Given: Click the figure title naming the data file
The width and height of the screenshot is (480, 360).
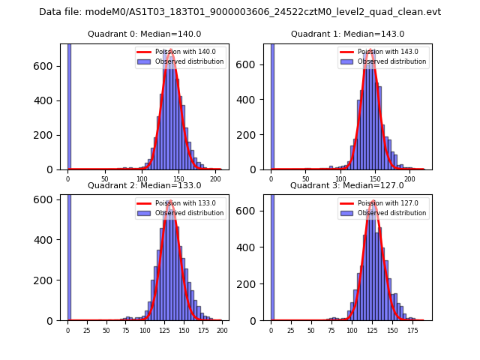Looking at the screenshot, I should click(x=240, y=12).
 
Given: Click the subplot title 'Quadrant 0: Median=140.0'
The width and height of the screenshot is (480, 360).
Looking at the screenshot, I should click(x=145, y=34).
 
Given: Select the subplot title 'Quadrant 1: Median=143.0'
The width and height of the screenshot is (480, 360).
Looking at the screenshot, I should click(x=347, y=34).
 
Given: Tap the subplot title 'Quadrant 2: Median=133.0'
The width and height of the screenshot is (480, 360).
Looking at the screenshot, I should click(x=145, y=185).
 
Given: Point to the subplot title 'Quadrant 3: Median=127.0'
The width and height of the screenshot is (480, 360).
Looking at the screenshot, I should click(x=347, y=185).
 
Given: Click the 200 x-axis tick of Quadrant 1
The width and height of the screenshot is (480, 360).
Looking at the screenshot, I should click(x=409, y=178).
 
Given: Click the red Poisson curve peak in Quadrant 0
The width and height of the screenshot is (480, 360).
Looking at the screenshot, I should click(x=171, y=50).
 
